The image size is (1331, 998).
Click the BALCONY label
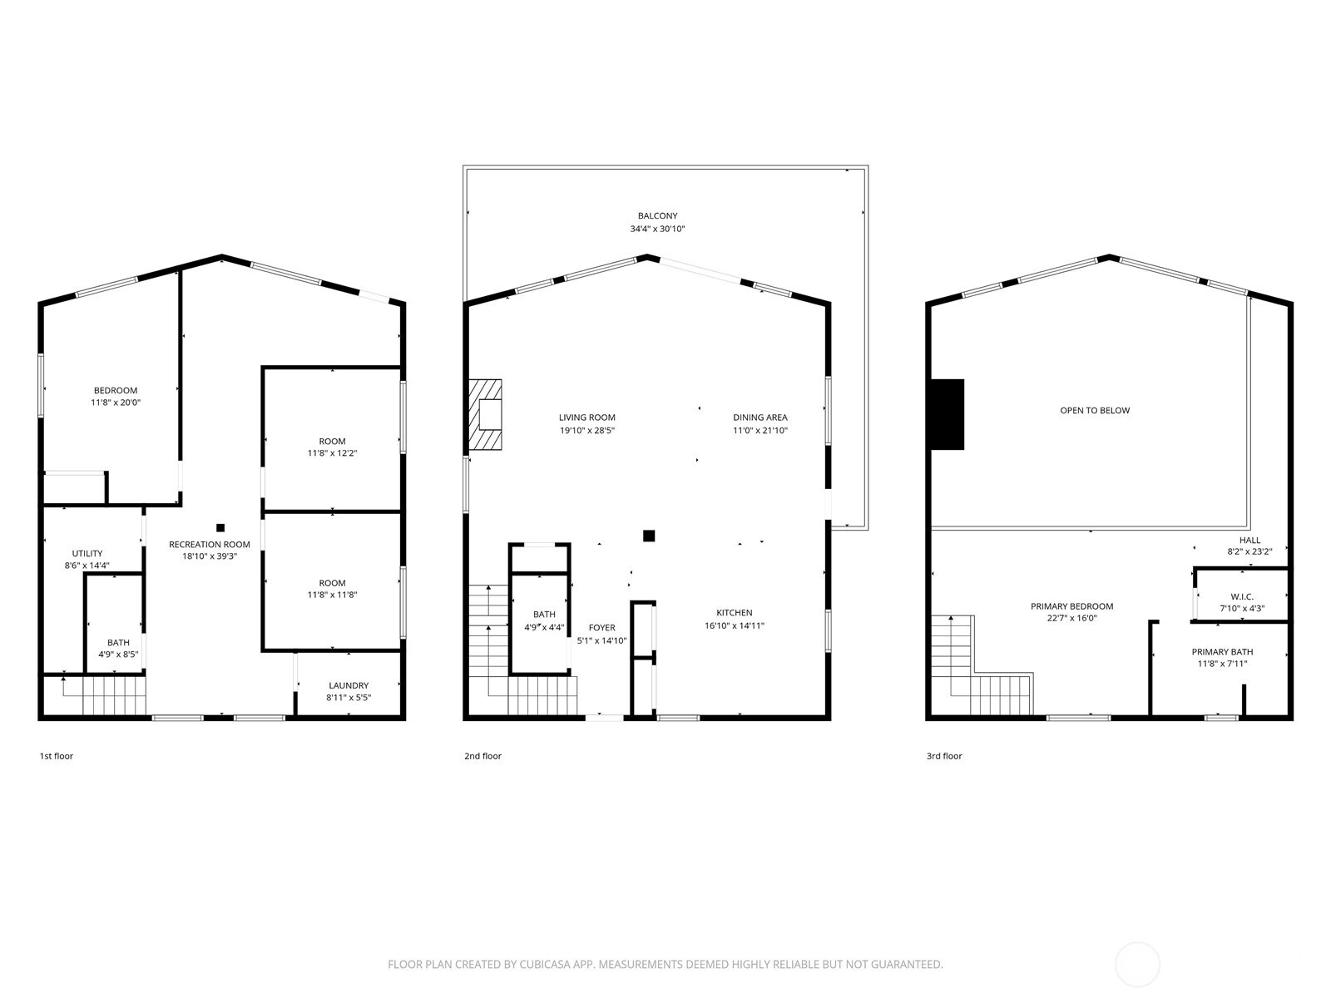(657, 215)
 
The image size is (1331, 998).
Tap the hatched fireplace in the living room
(484, 414)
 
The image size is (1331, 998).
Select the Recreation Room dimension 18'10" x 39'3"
(209, 556)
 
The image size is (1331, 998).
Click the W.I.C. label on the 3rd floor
(1242, 597)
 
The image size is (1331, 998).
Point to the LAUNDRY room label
(349, 685)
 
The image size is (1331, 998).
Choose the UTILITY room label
(87, 553)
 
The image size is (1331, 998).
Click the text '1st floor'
(57, 756)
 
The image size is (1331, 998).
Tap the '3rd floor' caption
(944, 756)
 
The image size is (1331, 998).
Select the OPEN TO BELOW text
(1095, 410)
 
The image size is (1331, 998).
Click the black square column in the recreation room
(220, 528)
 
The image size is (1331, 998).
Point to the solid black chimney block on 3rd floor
(948, 414)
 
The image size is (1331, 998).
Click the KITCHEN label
(734, 613)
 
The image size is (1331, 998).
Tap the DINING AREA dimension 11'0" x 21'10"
(760, 431)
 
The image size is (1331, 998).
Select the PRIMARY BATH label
(1222, 652)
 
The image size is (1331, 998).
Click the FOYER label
(601, 628)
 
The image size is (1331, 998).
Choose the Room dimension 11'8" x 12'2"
(332, 453)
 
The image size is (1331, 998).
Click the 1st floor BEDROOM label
(115, 390)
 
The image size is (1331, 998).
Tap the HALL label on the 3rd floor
(1249, 540)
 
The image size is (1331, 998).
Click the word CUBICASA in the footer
(546, 964)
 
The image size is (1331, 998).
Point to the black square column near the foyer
(649, 536)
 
